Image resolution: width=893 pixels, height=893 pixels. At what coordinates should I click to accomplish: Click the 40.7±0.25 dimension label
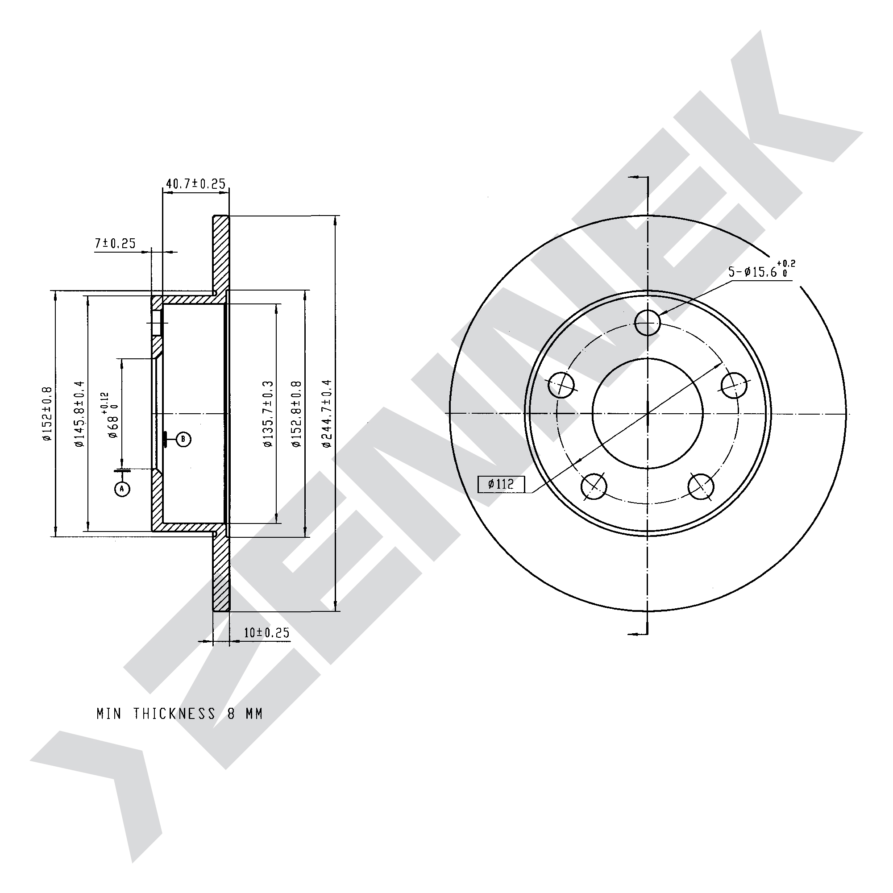click(x=195, y=184)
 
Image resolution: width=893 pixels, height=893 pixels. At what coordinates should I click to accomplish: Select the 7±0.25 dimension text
click(x=116, y=244)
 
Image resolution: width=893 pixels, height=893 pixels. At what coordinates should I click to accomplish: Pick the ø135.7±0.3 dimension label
click(x=269, y=414)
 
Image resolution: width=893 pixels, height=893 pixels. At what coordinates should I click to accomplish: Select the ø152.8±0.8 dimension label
click(x=296, y=414)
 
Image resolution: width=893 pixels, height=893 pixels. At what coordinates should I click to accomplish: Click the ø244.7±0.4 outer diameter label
click(x=327, y=414)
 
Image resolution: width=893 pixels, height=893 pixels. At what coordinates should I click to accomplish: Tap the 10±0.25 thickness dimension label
click(x=267, y=632)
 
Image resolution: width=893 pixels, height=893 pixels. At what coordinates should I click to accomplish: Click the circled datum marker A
click(x=122, y=489)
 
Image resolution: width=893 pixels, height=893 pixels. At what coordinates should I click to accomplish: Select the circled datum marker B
click(x=183, y=439)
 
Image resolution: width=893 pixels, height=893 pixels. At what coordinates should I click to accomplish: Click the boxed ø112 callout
click(x=502, y=484)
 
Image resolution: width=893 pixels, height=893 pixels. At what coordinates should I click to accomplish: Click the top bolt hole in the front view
click(x=648, y=322)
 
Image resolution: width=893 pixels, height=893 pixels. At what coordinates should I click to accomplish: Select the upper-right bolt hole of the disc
click(x=735, y=385)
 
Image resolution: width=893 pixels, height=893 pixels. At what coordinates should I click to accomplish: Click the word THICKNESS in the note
click(x=175, y=714)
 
